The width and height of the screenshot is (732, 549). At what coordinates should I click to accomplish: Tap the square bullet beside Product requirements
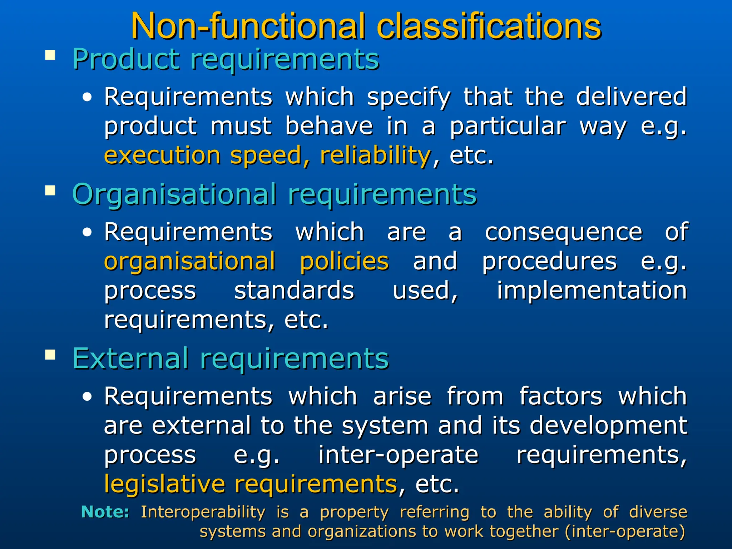tap(50, 55)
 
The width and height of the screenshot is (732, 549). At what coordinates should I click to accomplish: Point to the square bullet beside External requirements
tap(50, 355)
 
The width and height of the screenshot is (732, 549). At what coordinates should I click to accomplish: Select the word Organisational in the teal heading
tap(174, 194)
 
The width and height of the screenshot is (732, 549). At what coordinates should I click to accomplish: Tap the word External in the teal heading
tap(130, 358)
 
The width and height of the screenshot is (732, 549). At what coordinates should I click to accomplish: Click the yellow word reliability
tap(375, 155)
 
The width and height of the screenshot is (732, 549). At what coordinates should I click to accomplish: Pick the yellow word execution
tap(162, 155)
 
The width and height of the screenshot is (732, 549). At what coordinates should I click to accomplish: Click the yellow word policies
tap(344, 261)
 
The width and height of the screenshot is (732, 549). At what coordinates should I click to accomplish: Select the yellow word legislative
tap(164, 484)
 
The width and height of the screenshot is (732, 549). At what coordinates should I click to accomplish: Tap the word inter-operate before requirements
tap(398, 455)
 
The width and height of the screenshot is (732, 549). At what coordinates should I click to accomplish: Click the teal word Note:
tap(105, 512)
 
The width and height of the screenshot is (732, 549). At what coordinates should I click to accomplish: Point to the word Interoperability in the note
tap(203, 512)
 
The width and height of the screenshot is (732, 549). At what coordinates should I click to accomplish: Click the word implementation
tap(592, 290)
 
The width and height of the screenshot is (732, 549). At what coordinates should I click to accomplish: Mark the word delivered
tap(632, 97)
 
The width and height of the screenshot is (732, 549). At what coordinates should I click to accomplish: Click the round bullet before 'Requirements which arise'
tap(87, 397)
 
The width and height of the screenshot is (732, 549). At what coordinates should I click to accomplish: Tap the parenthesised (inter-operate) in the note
tap(625, 531)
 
